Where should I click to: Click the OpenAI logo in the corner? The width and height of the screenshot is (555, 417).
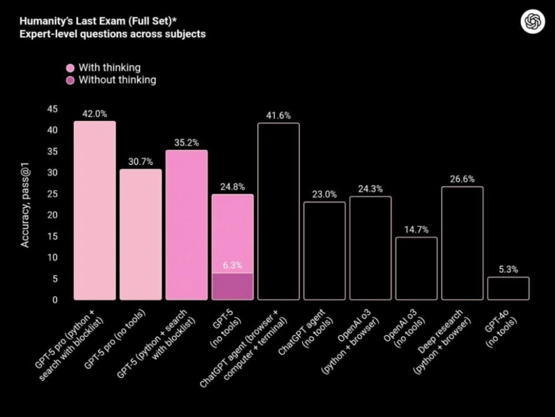tap(533, 22)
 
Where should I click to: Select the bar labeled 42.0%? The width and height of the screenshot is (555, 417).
tap(95, 211)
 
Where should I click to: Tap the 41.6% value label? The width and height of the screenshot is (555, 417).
tap(279, 115)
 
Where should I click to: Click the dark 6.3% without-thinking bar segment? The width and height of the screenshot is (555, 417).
tap(233, 286)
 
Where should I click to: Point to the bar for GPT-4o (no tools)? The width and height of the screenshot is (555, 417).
tap(508, 289)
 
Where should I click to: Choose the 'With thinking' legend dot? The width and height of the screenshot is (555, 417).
tap(70, 68)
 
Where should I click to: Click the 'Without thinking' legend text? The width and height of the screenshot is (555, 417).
tap(117, 80)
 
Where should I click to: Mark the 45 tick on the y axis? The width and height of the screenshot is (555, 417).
tap(52, 109)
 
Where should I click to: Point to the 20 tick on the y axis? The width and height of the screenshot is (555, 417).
tap(52, 215)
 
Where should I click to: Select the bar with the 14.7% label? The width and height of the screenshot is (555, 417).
tap(416, 269)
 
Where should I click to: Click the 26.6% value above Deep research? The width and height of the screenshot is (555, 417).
tap(462, 179)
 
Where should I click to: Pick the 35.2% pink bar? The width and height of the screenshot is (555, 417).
tap(186, 225)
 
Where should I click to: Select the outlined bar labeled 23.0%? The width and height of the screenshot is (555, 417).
tap(325, 251)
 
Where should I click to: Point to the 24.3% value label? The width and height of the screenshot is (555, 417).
tap(370, 189)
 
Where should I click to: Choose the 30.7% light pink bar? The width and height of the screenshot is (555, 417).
tap(141, 235)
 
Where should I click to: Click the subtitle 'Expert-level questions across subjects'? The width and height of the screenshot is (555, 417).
tap(112, 34)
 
